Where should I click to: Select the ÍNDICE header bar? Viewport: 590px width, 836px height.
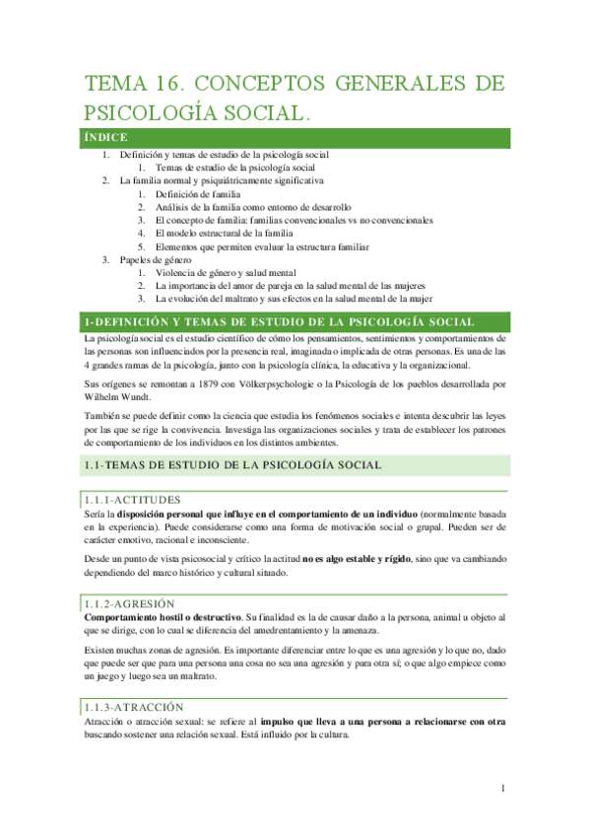295,137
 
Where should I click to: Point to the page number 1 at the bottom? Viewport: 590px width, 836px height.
503,790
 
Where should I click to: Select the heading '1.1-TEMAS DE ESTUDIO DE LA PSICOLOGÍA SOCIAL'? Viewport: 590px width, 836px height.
232,464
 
